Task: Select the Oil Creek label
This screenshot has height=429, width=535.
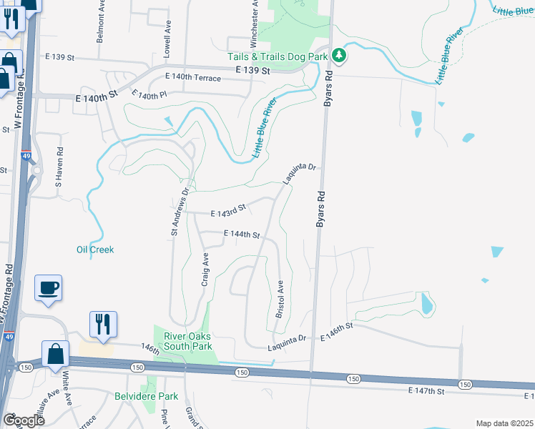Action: (x=95, y=250)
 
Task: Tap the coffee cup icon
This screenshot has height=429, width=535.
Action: (x=49, y=288)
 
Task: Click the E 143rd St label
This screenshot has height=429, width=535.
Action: (x=228, y=210)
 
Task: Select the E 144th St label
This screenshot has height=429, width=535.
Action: (x=241, y=234)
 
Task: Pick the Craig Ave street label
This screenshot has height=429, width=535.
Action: (x=205, y=270)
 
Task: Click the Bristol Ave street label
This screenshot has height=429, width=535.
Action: (x=280, y=299)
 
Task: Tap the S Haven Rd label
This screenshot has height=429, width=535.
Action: (x=60, y=167)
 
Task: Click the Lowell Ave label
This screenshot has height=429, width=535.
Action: (x=168, y=39)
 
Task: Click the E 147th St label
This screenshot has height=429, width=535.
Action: (x=426, y=390)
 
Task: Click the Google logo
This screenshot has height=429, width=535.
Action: (x=23, y=420)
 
